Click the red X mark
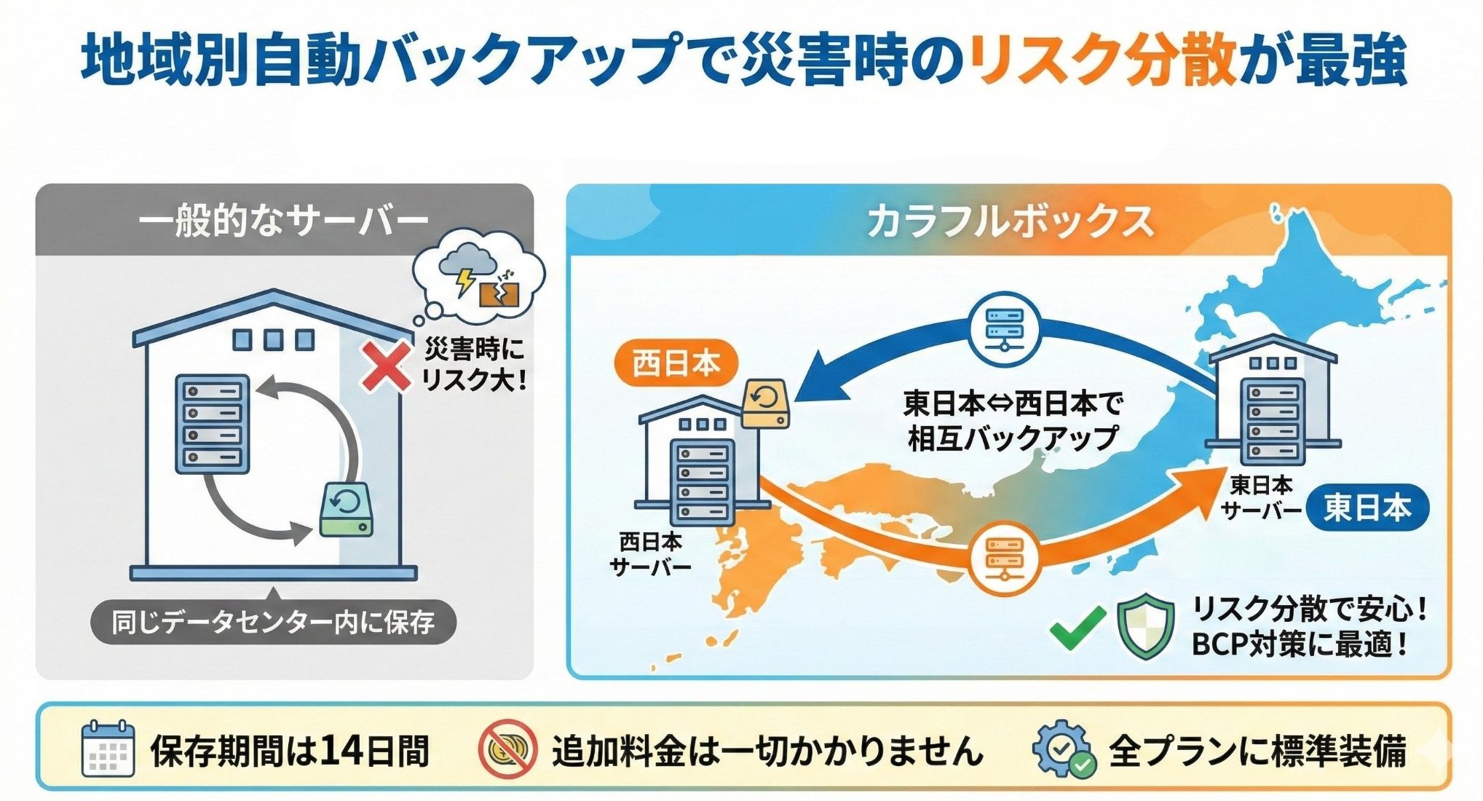click(387, 367)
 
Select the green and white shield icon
click(1145, 626)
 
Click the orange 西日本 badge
click(676, 363)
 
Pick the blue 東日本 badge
click(1367, 508)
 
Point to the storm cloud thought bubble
click(478, 276)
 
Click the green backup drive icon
click(347, 508)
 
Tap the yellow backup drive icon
click(766, 403)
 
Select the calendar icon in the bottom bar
click(108, 749)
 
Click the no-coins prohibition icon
click(507, 749)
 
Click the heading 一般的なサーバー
click(284, 221)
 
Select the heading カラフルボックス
click(1010, 221)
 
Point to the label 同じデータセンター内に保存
click(273, 622)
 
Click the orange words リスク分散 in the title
click(1103, 60)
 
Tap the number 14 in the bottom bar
click(340, 751)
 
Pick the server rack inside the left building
click(213, 424)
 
